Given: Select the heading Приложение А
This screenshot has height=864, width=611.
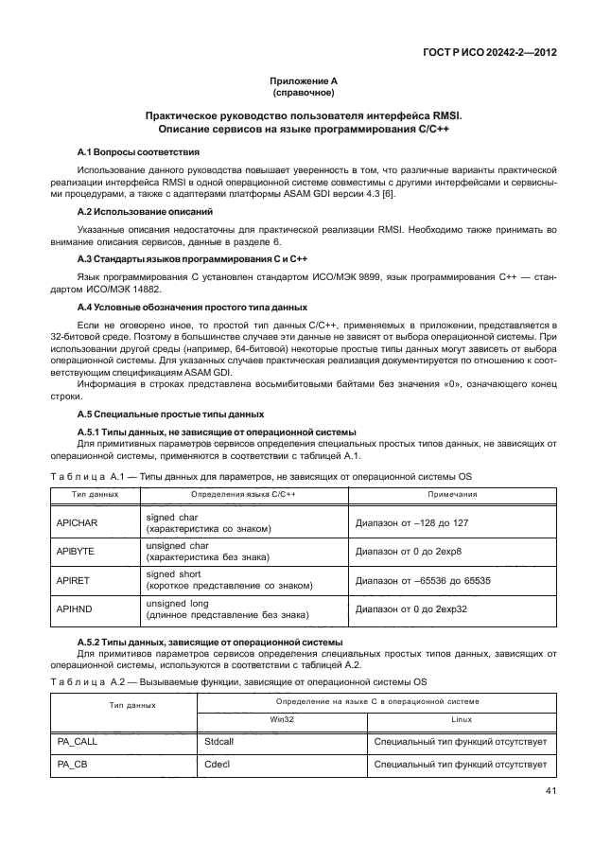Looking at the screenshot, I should tap(305, 83).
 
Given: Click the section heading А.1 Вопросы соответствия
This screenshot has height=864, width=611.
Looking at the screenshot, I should tap(137, 152).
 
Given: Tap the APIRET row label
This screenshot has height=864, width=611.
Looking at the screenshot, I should tap(74, 579).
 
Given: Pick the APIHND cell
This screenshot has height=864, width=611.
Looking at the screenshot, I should tap(75, 608).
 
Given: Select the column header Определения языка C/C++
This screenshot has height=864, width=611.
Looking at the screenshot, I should tap(243, 494).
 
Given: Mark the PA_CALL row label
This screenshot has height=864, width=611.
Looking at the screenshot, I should tap(78, 742).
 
